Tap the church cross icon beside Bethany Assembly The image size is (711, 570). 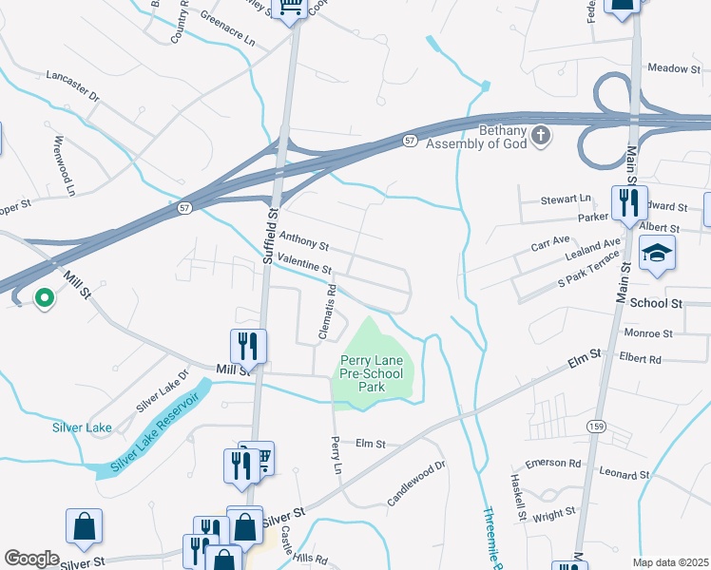point(541,135)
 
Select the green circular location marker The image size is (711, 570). point(44,299)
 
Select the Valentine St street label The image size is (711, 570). point(304,270)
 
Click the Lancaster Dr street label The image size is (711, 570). point(72,85)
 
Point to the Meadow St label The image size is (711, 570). point(673,68)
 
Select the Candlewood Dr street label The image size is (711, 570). point(416,484)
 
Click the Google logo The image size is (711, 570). point(31,559)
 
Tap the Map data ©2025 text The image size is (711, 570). point(671,562)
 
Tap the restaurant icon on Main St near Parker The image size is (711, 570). point(628,201)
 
